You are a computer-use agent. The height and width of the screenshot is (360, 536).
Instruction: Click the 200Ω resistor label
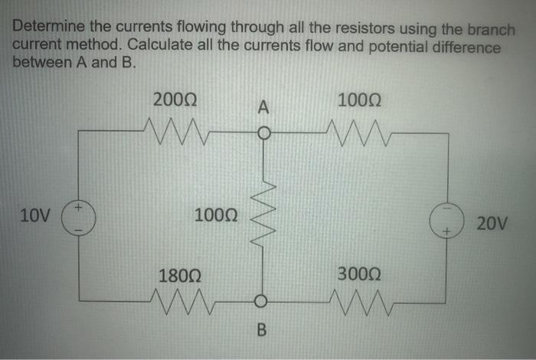[175, 100]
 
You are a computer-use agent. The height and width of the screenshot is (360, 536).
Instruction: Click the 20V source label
[491, 224]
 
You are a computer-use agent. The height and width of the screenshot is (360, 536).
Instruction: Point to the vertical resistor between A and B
[262, 217]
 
